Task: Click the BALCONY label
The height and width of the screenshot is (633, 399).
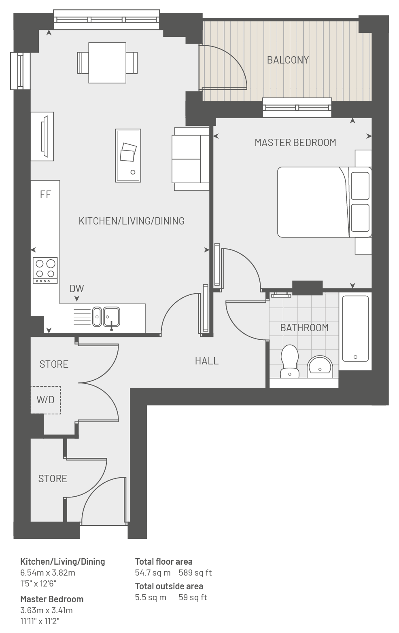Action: click(288, 60)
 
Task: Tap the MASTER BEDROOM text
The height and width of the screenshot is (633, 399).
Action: click(295, 142)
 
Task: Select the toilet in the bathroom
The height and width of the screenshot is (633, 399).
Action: click(290, 361)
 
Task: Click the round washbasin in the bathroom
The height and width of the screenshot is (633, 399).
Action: click(320, 367)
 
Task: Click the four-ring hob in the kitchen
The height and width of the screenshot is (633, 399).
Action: click(45, 271)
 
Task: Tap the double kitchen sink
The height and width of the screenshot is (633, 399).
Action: click(106, 317)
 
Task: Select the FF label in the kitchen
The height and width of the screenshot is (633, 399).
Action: click(46, 194)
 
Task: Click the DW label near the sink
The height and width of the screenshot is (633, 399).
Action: click(77, 288)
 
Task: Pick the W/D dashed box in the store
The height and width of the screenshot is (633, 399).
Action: click(46, 400)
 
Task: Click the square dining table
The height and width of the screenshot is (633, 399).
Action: click(107, 63)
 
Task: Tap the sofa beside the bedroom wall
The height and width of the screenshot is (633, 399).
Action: click(191, 159)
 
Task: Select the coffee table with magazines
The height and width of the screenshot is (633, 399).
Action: click(128, 156)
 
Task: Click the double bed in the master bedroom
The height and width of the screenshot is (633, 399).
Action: click(325, 202)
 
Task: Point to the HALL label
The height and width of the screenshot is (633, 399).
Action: click(207, 361)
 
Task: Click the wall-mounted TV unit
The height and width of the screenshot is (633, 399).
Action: click(42, 136)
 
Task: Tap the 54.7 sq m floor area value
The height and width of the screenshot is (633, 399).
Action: click(153, 572)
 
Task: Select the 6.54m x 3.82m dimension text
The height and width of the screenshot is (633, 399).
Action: click(48, 572)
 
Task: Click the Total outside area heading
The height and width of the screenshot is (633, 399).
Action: click(169, 586)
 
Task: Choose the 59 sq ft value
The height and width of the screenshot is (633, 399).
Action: click(193, 597)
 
